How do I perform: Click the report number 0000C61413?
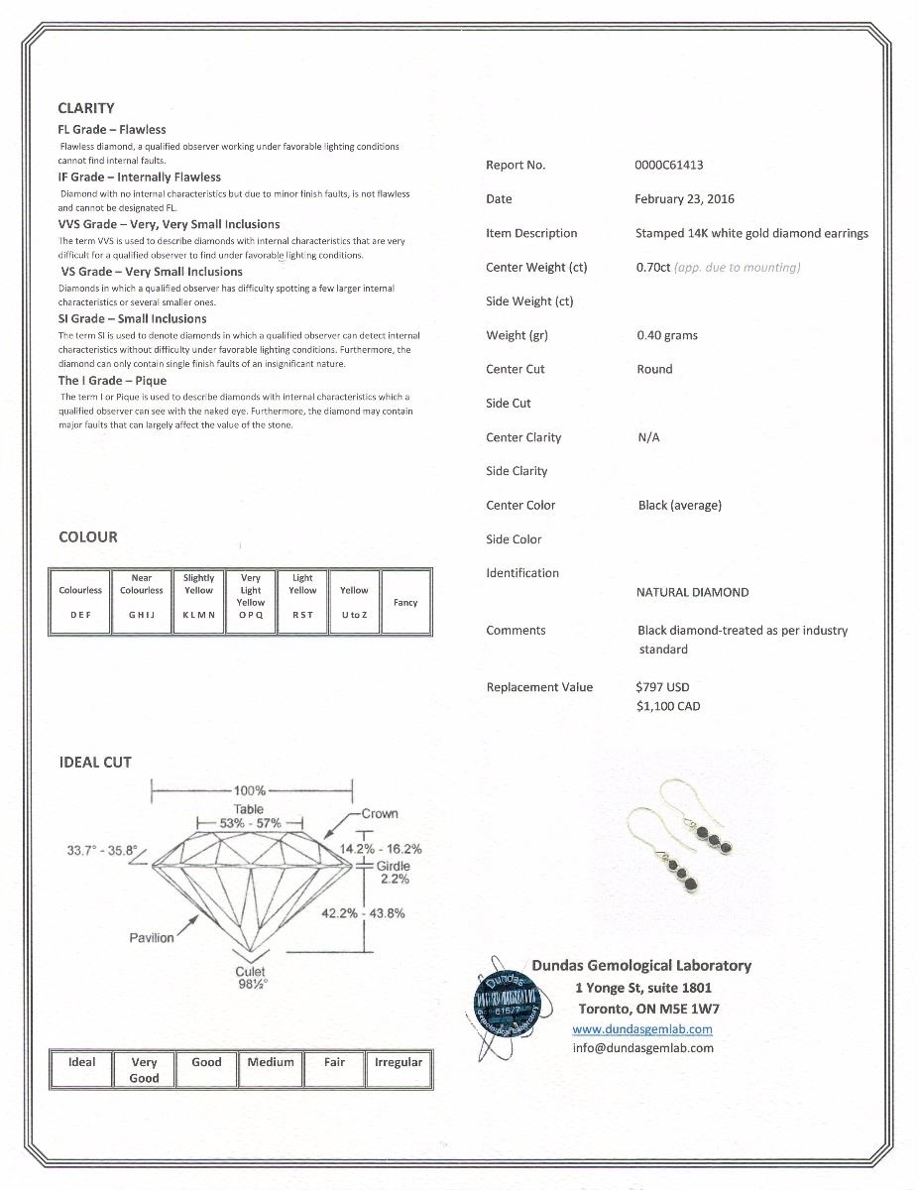tap(668, 166)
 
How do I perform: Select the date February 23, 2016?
tap(684, 199)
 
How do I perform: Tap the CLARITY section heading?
tap(86, 108)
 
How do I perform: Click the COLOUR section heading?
tap(88, 536)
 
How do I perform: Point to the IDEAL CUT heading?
tap(95, 763)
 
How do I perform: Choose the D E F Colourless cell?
tap(80, 602)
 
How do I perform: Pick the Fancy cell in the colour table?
tap(405, 602)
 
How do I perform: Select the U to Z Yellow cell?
tap(354, 602)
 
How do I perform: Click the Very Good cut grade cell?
tap(144, 1070)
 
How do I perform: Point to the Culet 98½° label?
tap(251, 979)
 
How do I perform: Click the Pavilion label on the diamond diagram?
tap(152, 938)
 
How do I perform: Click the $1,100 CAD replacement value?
tap(667, 707)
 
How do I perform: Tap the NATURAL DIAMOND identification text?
tap(692, 593)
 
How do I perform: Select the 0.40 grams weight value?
tap(667, 336)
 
